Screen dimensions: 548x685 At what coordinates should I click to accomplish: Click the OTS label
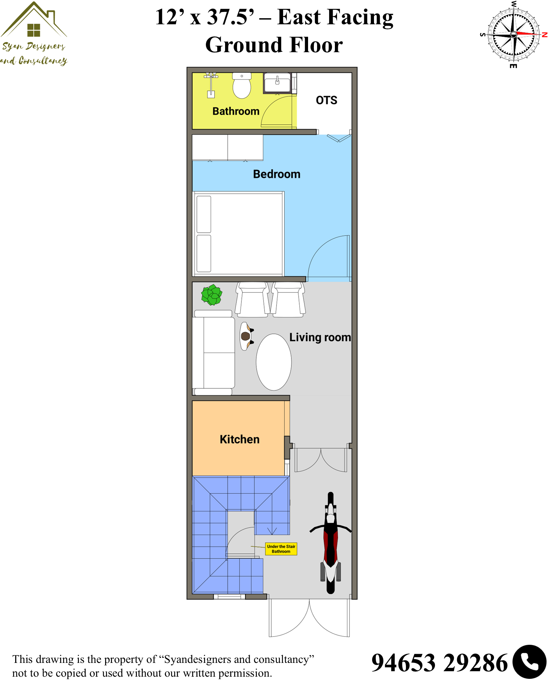click(x=327, y=100)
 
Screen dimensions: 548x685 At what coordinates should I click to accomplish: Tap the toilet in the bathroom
click(x=242, y=86)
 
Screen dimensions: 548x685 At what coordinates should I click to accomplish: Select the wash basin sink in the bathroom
click(x=277, y=83)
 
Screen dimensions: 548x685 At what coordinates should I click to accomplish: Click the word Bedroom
click(x=277, y=174)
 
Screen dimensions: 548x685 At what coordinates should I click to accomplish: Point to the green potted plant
click(x=212, y=295)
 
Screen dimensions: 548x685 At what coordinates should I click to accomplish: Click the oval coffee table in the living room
click(x=274, y=362)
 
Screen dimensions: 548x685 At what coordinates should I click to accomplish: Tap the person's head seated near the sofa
click(x=245, y=336)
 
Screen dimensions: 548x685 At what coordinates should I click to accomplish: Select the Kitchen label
click(x=240, y=439)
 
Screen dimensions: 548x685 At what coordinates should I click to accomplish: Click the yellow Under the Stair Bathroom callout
click(x=281, y=549)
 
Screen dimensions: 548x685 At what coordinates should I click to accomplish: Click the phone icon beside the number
click(x=529, y=662)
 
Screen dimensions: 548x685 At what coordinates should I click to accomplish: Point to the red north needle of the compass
click(x=527, y=34)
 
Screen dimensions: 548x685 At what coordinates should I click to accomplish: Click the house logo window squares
click(x=34, y=30)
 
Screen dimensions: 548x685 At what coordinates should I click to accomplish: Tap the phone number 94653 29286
click(x=440, y=663)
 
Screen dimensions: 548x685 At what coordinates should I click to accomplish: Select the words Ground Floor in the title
click(x=274, y=45)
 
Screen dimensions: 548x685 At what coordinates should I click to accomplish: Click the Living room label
click(x=320, y=337)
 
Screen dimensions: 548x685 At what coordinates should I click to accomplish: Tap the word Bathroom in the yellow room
click(x=236, y=111)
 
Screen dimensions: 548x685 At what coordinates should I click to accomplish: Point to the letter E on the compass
click(x=513, y=66)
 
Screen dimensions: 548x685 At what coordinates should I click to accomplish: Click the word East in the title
click(x=299, y=17)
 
